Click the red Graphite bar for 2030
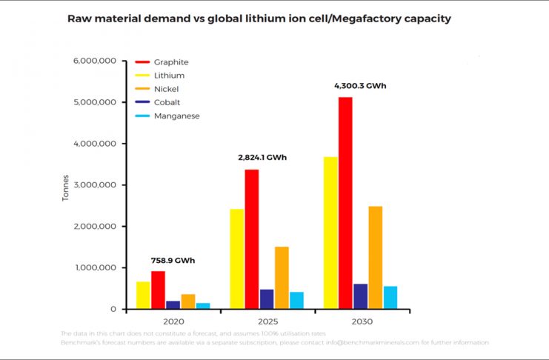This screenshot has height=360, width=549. pyautogui.click(x=345, y=203)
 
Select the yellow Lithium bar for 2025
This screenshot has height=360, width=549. pyautogui.click(x=236, y=259)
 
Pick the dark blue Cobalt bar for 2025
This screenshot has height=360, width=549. pyautogui.click(x=267, y=299)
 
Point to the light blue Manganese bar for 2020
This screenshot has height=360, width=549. pyautogui.click(x=203, y=305)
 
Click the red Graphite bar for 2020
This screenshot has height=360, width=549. pyautogui.click(x=158, y=290)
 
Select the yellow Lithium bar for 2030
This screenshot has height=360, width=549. pyautogui.click(x=330, y=233)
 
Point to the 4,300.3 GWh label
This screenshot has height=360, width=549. pyautogui.click(x=361, y=86)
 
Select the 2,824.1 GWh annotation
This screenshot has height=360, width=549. pyautogui.click(x=263, y=158)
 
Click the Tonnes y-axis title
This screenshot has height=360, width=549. pyautogui.click(x=65, y=188)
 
